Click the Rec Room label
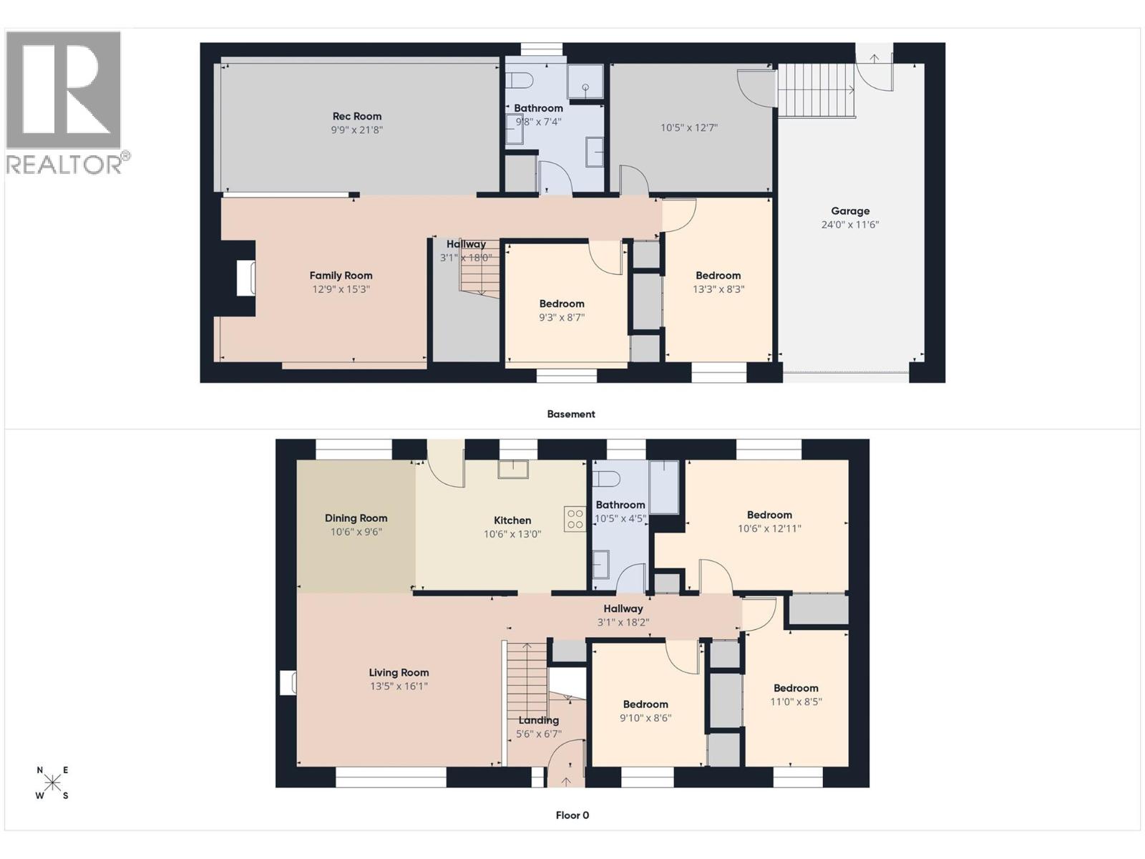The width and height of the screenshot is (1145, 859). (x=356, y=116)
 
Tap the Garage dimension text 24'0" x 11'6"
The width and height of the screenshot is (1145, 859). (x=849, y=225)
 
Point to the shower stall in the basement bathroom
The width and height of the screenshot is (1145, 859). (x=585, y=82)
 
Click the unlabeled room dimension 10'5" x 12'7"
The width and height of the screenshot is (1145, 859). (x=688, y=128)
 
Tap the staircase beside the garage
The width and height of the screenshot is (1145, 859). (x=817, y=90)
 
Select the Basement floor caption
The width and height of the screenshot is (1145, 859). (x=570, y=414)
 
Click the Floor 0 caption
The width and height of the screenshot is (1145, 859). (x=572, y=815)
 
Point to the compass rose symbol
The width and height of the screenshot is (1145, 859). (x=52, y=783)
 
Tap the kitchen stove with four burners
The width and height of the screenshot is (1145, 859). (x=575, y=519)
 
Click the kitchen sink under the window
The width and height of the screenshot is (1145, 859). (x=513, y=469)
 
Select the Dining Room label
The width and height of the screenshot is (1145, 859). (x=356, y=518)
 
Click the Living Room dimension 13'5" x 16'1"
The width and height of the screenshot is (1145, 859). (x=399, y=686)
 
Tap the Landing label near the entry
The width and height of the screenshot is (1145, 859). (x=538, y=720)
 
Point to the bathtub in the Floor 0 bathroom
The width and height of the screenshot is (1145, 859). (x=664, y=487)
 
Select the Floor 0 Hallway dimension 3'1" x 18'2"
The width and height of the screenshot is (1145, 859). (x=623, y=623)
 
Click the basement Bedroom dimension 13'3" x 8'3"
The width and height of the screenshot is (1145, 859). (x=718, y=289)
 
